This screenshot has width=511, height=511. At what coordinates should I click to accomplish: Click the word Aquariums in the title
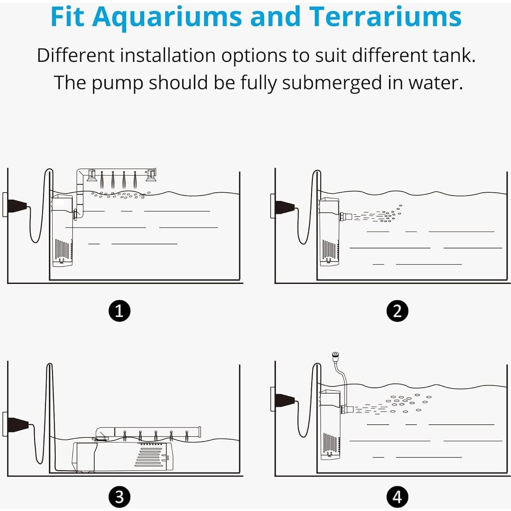click(167, 17)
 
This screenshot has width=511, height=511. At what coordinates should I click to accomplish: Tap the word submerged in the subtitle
click(332, 83)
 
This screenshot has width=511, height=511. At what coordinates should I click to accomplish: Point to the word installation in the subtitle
click(168, 55)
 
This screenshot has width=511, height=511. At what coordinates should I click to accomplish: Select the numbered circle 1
click(119, 311)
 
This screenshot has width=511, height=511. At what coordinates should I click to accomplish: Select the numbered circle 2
click(397, 311)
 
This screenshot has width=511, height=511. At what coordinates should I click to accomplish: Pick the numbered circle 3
click(119, 497)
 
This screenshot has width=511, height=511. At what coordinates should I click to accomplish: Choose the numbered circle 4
click(397, 497)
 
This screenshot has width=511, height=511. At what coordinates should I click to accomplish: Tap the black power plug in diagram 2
click(285, 207)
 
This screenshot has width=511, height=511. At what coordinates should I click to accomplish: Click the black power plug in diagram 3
click(18, 424)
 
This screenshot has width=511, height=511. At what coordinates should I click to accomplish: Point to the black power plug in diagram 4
click(285, 400)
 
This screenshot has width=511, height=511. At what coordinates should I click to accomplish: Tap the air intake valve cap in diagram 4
click(335, 355)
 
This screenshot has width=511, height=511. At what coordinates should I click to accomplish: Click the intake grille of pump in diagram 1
click(62, 249)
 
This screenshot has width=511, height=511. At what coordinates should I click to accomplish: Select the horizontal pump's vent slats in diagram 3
click(151, 456)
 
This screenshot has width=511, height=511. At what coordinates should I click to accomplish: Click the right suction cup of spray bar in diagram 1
click(151, 175)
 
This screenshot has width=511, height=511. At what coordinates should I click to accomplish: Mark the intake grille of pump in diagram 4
click(330, 443)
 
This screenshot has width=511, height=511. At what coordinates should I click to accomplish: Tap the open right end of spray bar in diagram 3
click(199, 432)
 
